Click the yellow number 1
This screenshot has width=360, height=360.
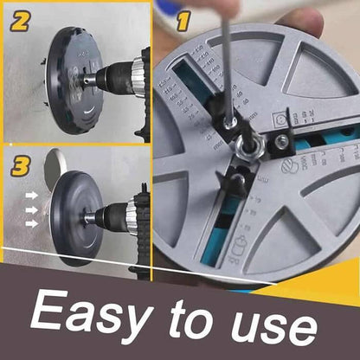click(183, 21)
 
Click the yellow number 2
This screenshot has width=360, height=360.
click(19, 21)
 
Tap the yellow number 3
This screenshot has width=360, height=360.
click(20, 164)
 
